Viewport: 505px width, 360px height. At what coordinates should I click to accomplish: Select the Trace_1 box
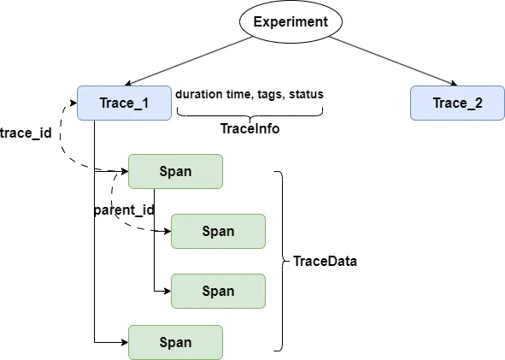click(124, 103)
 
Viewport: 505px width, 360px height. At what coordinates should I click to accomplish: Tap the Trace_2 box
click(457, 103)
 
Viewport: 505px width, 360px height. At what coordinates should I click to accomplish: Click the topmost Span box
click(175, 171)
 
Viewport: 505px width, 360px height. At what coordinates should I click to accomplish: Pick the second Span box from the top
click(218, 231)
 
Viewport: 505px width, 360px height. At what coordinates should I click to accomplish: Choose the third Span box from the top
click(218, 291)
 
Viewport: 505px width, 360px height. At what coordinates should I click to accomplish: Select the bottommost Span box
click(175, 342)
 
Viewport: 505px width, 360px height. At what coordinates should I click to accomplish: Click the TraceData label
click(325, 262)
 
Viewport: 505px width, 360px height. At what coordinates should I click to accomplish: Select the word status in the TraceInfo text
click(306, 94)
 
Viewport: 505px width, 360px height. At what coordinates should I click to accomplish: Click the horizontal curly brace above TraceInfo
click(249, 113)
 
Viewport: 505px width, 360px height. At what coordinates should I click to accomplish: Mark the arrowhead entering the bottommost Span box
click(123, 342)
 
